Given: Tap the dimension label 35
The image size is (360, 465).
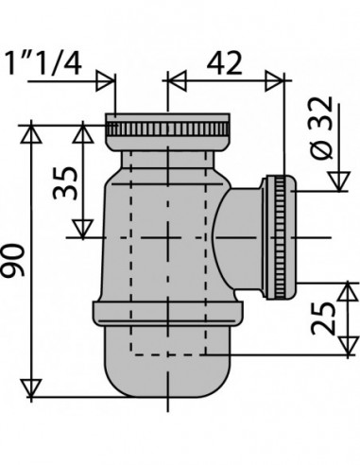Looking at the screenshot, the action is (x=65, y=183).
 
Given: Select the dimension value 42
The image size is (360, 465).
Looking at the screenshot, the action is (x=225, y=63).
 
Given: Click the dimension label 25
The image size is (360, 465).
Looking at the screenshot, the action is (x=323, y=319).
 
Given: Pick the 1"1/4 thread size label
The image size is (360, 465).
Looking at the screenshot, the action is (x=43, y=63).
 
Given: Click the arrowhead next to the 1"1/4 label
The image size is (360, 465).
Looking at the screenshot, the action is (x=105, y=81).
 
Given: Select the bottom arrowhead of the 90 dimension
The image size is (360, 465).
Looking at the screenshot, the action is (x=31, y=388).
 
